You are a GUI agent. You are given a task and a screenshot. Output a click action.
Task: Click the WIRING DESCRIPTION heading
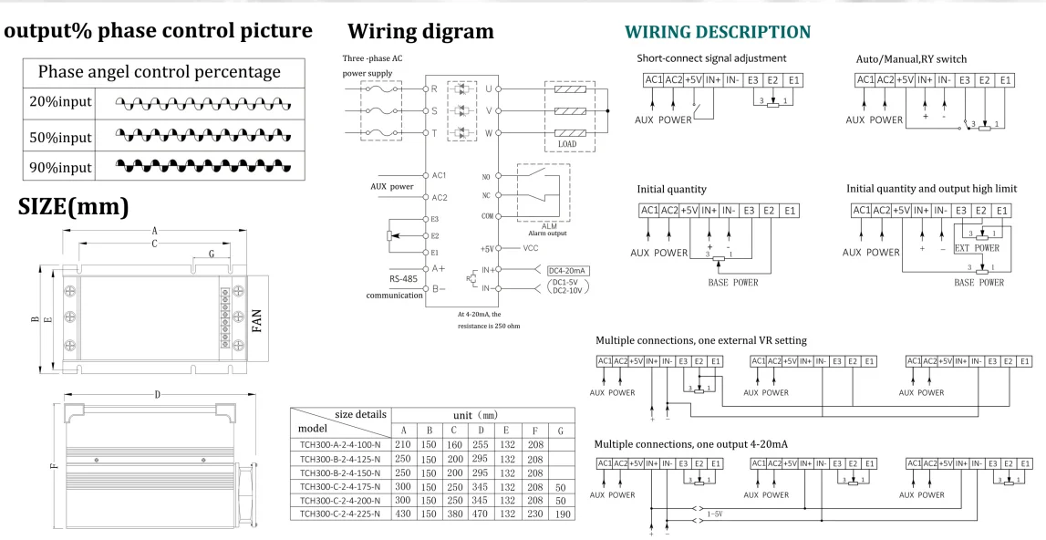717,32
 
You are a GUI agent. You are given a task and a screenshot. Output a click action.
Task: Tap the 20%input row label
60,101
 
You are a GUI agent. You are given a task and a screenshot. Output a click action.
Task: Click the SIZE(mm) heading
74,206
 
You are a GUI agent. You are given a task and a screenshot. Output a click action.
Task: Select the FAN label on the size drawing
257,320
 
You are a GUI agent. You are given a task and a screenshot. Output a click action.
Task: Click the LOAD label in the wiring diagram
567,144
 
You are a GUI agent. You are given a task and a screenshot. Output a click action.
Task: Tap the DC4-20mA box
567,270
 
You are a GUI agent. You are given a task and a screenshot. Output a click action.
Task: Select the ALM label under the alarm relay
547,224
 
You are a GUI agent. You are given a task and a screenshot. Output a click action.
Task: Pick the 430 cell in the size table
403,514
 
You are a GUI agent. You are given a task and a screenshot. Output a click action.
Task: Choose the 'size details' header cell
360,413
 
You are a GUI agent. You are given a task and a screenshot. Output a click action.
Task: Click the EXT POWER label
976,247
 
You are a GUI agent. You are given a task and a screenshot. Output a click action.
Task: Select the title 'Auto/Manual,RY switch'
911,59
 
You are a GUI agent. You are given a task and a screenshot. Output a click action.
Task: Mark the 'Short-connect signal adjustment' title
711,58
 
